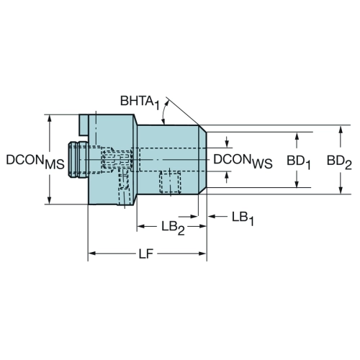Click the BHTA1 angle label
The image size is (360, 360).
(140, 102)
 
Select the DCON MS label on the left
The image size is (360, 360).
(35, 162)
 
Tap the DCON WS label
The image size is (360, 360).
(243, 161)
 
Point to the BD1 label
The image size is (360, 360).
(299, 163)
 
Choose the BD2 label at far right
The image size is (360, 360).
(339, 163)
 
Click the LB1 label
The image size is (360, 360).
(243, 219)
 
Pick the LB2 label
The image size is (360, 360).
(173, 228)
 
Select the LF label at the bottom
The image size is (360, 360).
(146, 253)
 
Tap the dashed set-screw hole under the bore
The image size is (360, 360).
(170, 182)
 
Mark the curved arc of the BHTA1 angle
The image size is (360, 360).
(164, 112)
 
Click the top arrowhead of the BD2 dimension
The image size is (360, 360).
(340, 130)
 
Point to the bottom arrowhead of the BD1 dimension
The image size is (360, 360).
(297, 184)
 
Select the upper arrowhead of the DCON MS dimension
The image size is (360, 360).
(50, 119)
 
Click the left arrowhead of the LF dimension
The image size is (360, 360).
(92, 253)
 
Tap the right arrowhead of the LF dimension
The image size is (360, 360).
(202, 253)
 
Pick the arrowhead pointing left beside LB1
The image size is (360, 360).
(212, 217)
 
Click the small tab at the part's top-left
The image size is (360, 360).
(84, 125)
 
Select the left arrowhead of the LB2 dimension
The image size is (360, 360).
(141, 226)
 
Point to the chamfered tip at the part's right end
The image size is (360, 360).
(202, 160)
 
